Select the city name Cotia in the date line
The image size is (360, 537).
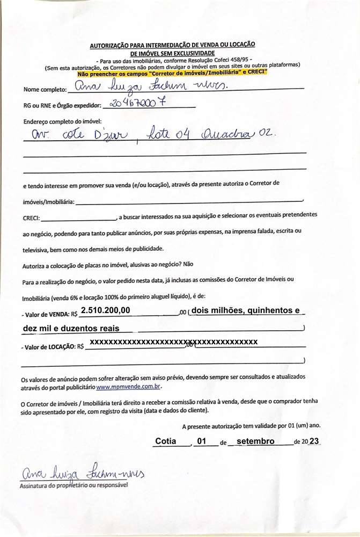[166, 441]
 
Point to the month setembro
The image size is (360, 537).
[255, 441]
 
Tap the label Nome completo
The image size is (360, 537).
[45, 90]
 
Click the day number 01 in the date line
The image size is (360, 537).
[202, 441]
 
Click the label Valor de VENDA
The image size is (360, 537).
[48, 314]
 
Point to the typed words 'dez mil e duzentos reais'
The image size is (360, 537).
[71, 328]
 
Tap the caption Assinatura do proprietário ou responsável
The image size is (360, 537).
[74, 485]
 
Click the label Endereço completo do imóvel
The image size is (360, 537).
[62, 121]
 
